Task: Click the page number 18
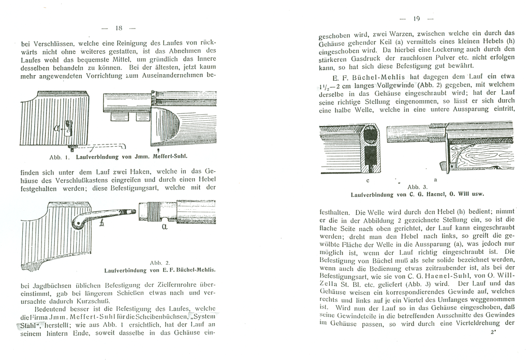119,27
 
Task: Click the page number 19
416,19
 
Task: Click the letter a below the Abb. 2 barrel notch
165,227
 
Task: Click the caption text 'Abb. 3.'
417,186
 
